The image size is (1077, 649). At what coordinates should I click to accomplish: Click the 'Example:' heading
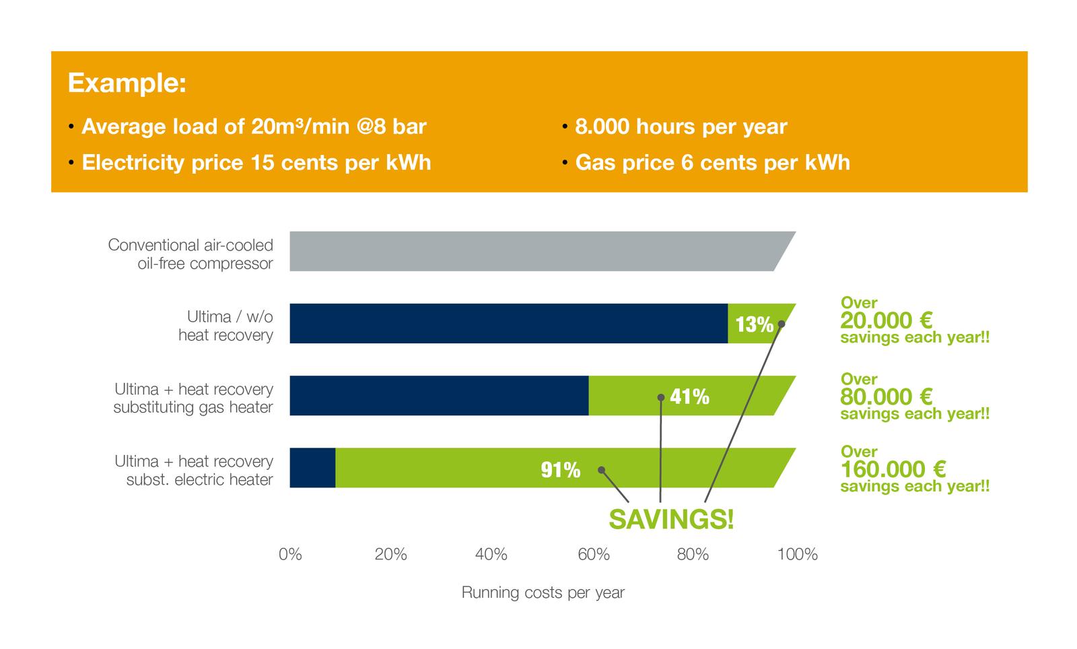127,83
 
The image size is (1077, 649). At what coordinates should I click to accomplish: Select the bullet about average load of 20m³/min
253,127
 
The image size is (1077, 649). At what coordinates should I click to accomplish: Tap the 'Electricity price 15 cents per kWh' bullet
256,163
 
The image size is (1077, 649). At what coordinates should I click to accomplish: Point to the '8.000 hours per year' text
681,127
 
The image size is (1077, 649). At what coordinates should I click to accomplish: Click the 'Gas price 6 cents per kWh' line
712,163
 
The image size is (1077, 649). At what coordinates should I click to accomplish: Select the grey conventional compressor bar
532,251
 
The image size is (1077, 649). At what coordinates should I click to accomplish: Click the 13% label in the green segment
754,324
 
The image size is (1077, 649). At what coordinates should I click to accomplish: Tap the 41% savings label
689,397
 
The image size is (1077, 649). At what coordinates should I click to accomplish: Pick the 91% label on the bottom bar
561,470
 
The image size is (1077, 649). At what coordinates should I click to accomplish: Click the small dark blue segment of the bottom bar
312,468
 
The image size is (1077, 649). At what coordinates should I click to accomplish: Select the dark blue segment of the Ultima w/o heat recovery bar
508,323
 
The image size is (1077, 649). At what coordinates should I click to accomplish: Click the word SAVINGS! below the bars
671,520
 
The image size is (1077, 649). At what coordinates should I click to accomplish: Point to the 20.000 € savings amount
886,320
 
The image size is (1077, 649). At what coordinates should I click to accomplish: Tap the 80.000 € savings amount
886,397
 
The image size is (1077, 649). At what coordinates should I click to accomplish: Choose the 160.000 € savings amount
893,469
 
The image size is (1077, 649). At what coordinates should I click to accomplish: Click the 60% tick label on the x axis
593,555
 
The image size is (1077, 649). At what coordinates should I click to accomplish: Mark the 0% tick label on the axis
290,555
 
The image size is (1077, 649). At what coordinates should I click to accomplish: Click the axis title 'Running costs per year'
543,593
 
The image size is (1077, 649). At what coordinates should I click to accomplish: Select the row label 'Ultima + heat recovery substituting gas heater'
193,398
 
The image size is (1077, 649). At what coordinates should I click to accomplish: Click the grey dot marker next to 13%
781,324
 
